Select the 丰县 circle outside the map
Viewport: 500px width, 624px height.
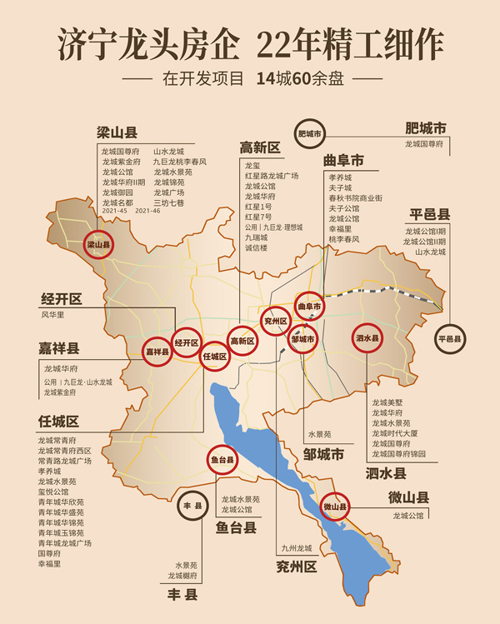click(193, 505)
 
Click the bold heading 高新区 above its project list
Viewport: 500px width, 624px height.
click(260, 148)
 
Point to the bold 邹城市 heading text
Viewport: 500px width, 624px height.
click(324, 455)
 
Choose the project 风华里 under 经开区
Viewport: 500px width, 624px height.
click(52, 316)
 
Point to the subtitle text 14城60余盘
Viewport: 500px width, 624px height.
click(295, 80)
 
